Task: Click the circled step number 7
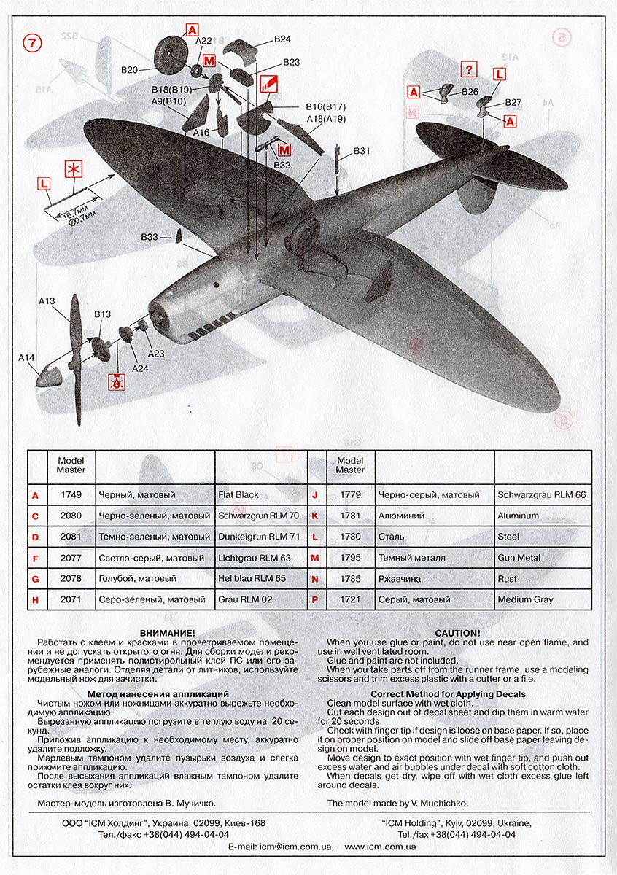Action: point(34,43)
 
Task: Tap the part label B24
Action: point(282,39)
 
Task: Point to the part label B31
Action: point(362,151)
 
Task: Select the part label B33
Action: point(149,238)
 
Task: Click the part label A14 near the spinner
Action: point(26,357)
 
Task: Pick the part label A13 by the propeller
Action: point(47,300)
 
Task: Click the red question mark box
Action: point(470,70)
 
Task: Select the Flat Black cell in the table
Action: point(238,495)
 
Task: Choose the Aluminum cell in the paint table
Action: point(518,516)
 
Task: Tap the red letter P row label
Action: point(314,600)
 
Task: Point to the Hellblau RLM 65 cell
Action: point(252,579)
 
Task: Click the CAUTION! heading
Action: point(457,632)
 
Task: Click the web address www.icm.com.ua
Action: point(380,847)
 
